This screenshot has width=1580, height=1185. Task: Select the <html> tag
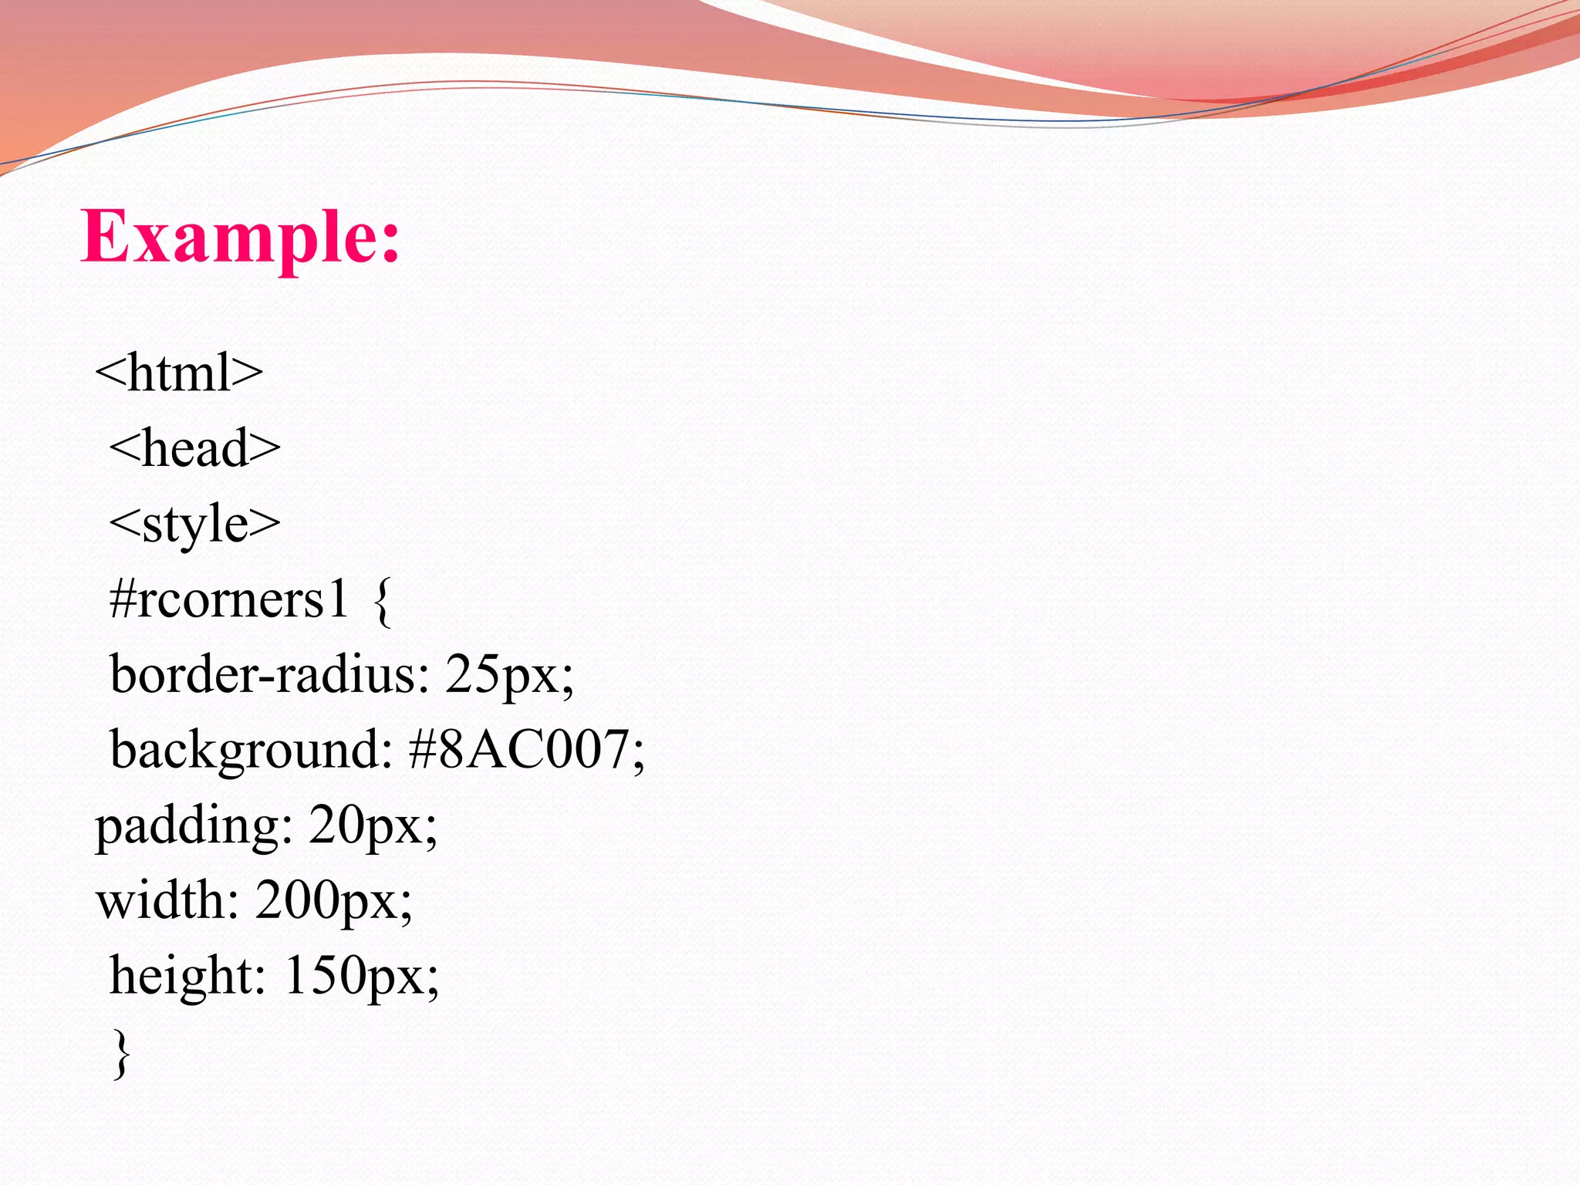(179, 373)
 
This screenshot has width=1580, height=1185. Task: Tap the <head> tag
(194, 448)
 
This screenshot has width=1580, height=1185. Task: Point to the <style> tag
(194, 524)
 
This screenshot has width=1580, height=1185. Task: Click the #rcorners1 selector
(229, 599)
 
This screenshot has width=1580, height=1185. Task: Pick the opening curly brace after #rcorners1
(382, 603)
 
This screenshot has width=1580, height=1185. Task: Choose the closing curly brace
(121, 1053)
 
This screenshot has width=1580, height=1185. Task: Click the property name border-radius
(262, 674)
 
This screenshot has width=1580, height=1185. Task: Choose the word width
(160, 900)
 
